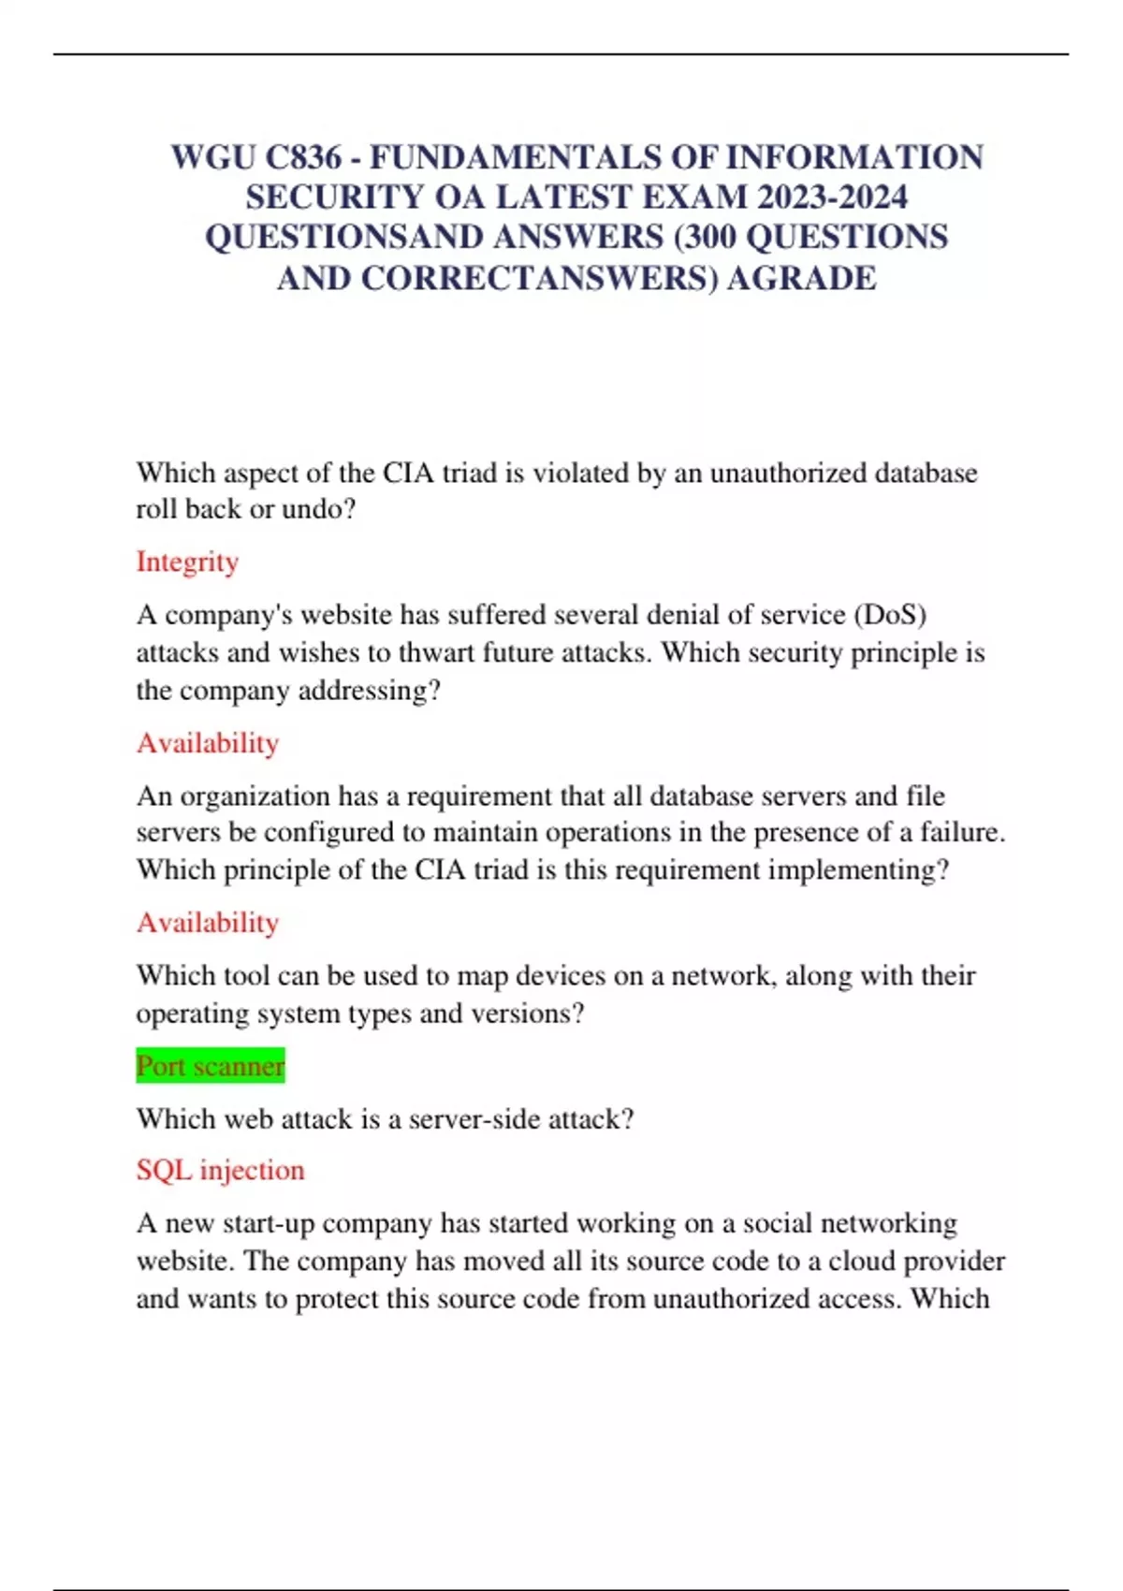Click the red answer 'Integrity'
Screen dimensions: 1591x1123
187,562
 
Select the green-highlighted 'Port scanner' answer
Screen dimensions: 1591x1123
211,1066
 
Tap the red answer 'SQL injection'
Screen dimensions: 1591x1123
220,1170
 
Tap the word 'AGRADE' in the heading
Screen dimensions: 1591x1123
802,279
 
